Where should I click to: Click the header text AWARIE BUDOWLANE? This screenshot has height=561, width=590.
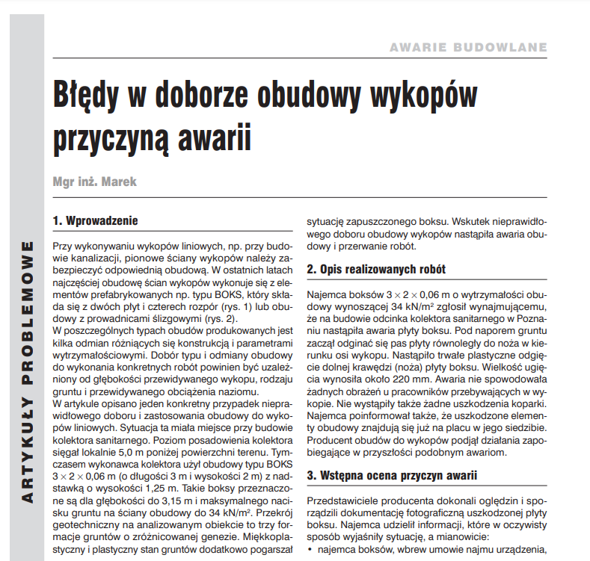(x=468, y=48)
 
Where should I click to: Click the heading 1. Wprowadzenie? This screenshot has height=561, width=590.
(x=96, y=221)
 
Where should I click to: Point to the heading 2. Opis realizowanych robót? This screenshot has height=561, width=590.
(x=377, y=269)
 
